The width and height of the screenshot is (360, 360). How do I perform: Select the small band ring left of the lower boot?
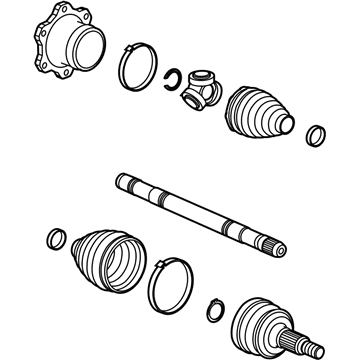(56, 240)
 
